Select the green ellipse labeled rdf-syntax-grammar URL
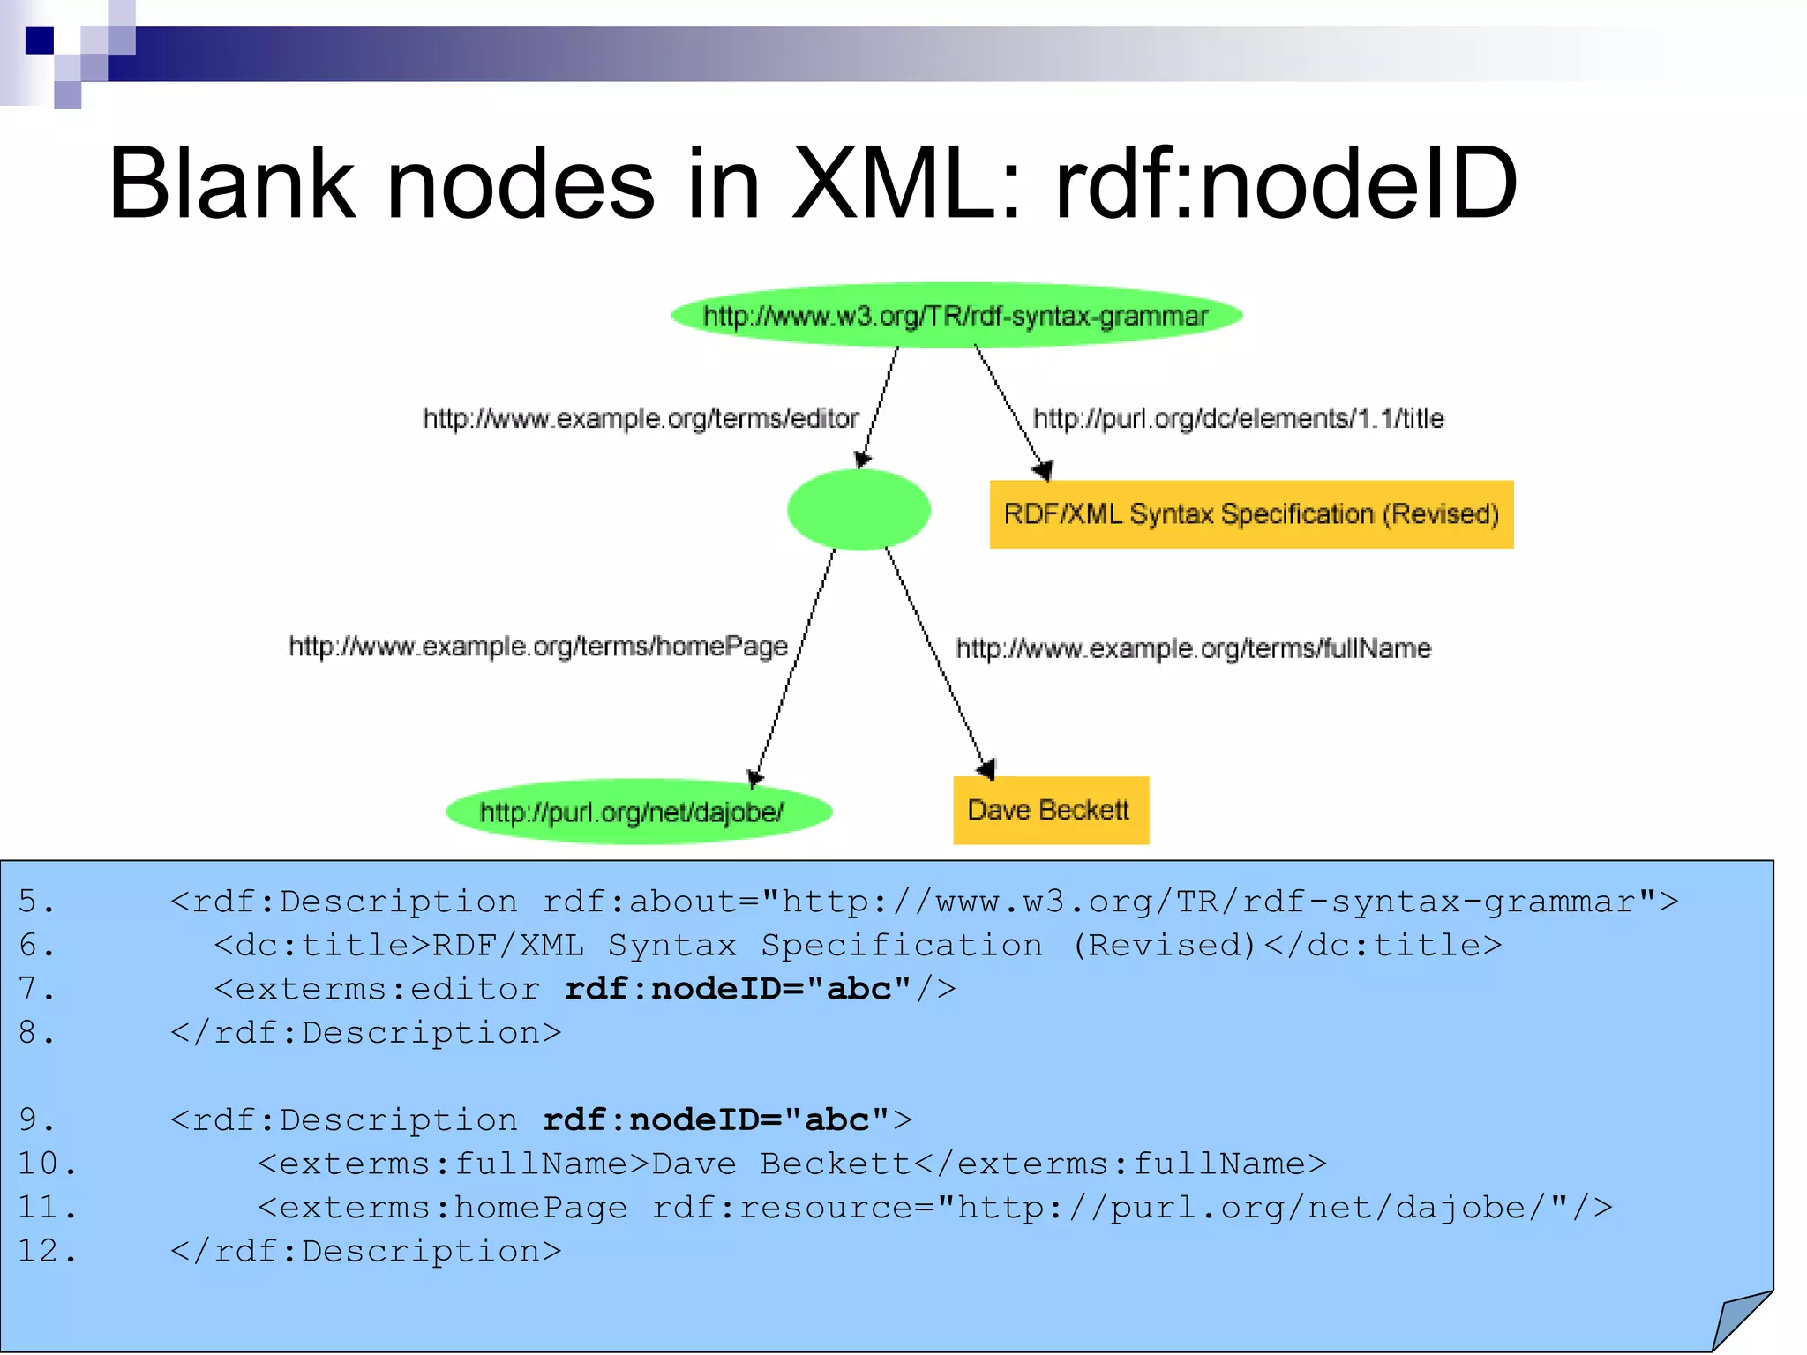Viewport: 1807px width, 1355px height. (x=956, y=315)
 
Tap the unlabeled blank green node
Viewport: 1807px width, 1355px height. (x=859, y=510)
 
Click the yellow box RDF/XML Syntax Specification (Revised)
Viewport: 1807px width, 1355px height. (x=1251, y=514)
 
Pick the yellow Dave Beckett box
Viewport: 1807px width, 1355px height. (x=1050, y=810)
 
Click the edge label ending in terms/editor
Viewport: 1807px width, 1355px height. (x=641, y=418)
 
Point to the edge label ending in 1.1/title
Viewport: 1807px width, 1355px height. (x=1238, y=418)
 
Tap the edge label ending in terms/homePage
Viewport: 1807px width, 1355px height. (x=538, y=647)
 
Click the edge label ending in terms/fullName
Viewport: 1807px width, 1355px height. (x=1193, y=648)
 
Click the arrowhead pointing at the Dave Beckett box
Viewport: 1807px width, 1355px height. (x=987, y=769)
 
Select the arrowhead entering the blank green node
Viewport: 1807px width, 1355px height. (x=862, y=460)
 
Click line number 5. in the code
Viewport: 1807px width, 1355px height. (x=36, y=902)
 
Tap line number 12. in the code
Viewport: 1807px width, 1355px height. (x=47, y=1251)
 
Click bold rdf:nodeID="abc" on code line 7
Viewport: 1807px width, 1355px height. (x=737, y=989)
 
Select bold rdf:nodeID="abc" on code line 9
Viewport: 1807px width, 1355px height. (x=716, y=1120)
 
